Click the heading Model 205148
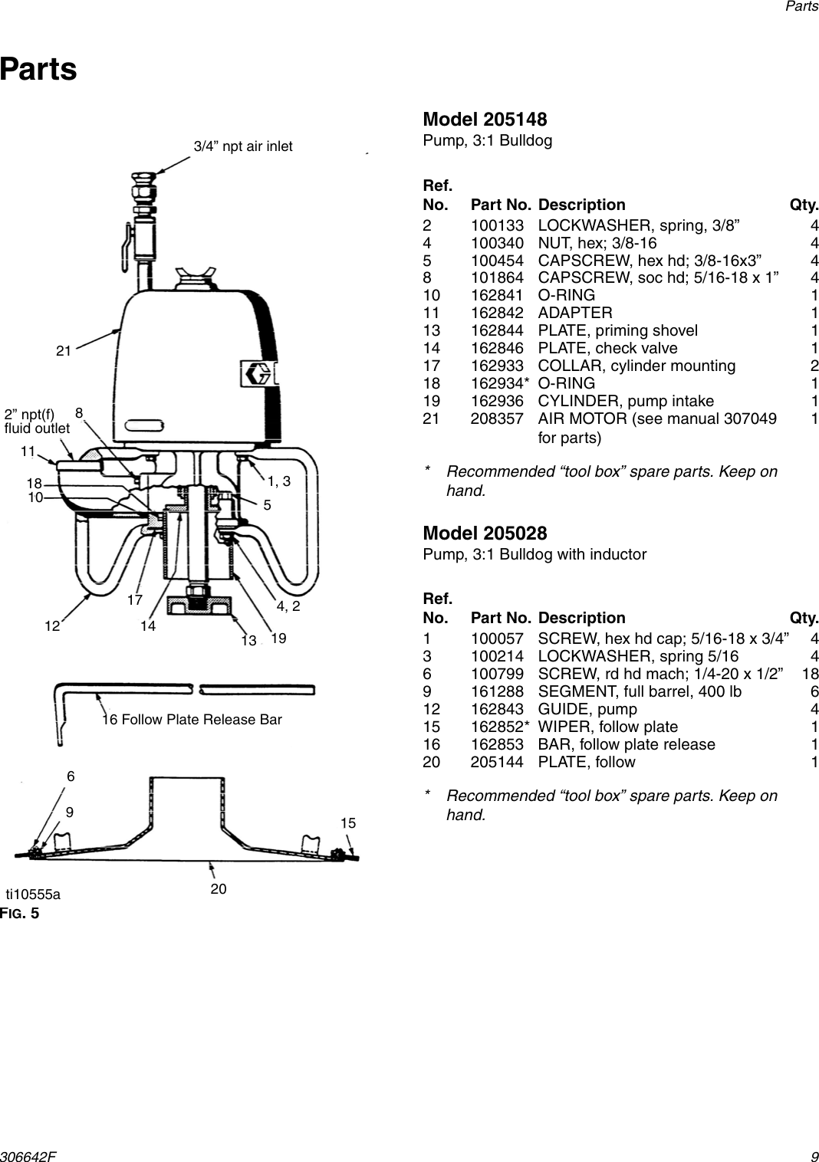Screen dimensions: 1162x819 485,120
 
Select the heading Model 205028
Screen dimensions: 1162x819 485,533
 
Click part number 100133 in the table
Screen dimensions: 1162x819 497,225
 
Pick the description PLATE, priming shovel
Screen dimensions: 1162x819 617,330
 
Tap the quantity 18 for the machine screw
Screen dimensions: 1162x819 810,674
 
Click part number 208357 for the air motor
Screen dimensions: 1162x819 497,419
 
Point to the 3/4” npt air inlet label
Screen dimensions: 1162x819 242,146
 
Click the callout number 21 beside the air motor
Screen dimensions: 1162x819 64,351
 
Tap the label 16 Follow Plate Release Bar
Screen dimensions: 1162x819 192,720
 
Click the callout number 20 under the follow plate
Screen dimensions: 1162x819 219,889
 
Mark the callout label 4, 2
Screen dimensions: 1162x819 288,606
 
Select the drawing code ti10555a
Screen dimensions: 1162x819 33,894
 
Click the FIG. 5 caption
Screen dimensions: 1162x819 19,913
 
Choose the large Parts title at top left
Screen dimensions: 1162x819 38,69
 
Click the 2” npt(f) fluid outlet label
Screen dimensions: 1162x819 36,422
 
